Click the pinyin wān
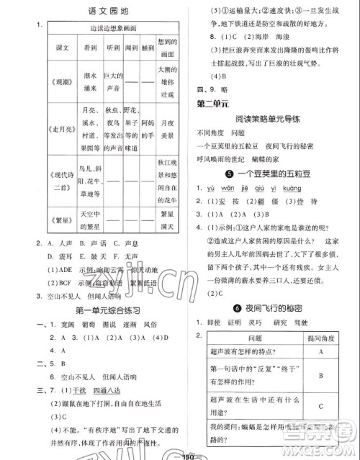[235, 188]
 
